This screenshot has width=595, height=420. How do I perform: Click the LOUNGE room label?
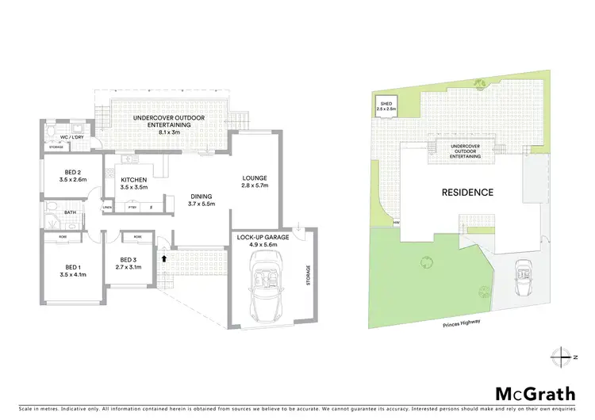point(255,178)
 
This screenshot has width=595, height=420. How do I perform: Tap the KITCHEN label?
point(132,180)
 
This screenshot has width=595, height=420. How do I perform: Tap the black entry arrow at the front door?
point(164,257)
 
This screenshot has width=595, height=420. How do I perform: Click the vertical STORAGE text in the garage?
point(309,277)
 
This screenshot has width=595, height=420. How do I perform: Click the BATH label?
point(70,212)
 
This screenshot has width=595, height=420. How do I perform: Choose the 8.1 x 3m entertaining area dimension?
point(169,132)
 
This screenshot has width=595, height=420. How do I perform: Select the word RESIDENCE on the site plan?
point(467,192)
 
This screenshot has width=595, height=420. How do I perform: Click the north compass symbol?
point(562,356)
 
